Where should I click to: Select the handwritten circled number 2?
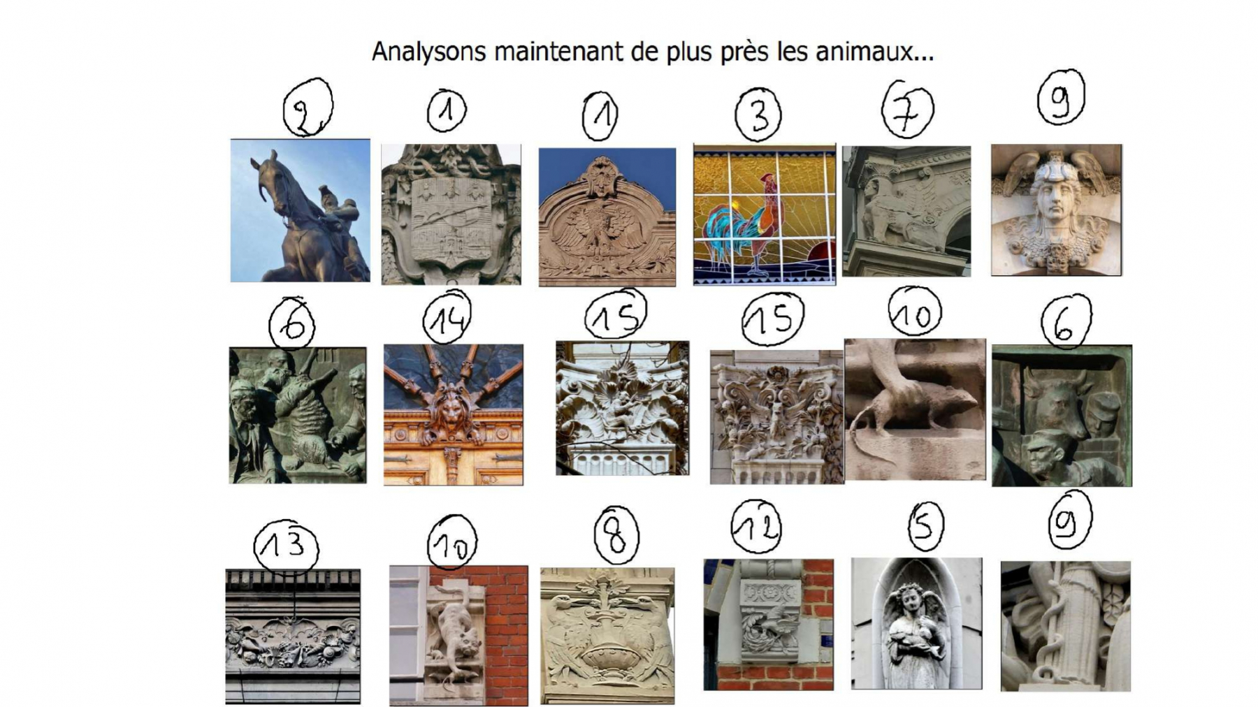pyautogui.click(x=308, y=108)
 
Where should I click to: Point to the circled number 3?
pyautogui.click(x=758, y=115)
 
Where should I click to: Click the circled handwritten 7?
pyautogui.click(x=907, y=110)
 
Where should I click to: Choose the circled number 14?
pyautogui.click(x=447, y=319)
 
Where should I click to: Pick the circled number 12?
pyautogui.click(x=756, y=527)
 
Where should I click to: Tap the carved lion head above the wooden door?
pyautogui.click(x=453, y=413)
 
